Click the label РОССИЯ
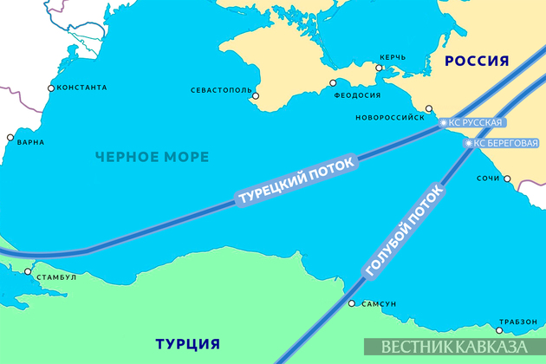pos(476,59)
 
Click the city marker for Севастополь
pos(255,98)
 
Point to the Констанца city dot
pos(51,88)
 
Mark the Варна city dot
pos(10,138)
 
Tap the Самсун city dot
pos(351,303)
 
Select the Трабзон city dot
pos(499,328)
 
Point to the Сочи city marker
pos(508,180)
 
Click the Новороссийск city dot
pos(429,109)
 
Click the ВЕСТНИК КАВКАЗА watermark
pos(453,347)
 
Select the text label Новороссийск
pos(390,116)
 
